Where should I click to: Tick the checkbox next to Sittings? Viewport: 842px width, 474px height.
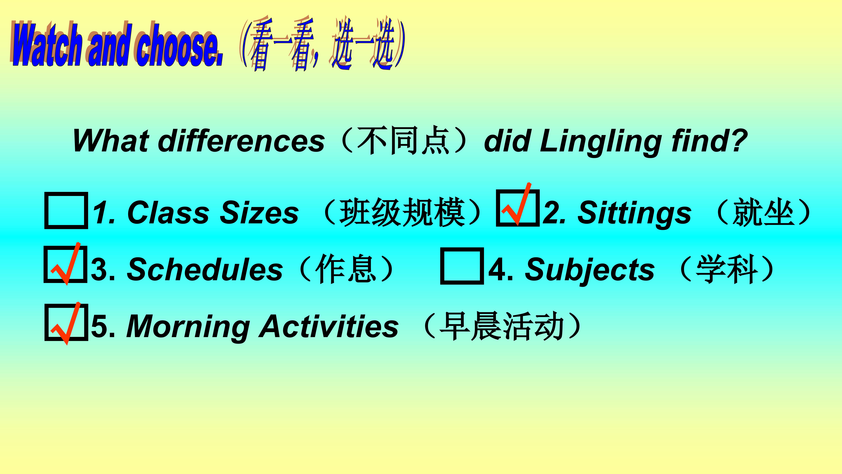pyautogui.click(x=518, y=208)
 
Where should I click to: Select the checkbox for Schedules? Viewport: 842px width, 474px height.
pyautogui.click(x=65, y=264)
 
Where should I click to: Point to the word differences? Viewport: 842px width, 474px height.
pyautogui.click(x=241, y=141)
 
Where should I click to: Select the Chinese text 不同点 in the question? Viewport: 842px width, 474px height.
pyautogui.click(x=404, y=141)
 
